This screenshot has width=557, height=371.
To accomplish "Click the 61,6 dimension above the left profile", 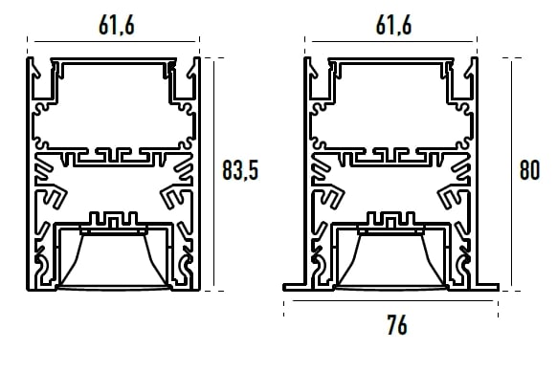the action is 117,26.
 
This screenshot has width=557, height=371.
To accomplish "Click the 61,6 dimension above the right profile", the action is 393,26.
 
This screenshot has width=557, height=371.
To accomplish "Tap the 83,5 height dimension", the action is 240,170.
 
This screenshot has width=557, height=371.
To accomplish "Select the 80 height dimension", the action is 529,170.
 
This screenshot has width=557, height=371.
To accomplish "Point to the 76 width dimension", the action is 397,324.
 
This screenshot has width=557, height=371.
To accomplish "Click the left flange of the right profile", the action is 294,287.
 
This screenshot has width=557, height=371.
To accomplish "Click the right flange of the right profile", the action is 488,287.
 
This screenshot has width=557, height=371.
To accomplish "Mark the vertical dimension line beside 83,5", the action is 213,174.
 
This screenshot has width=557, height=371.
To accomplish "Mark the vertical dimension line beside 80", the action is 511,174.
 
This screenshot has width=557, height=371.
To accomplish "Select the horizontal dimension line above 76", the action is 392,300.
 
